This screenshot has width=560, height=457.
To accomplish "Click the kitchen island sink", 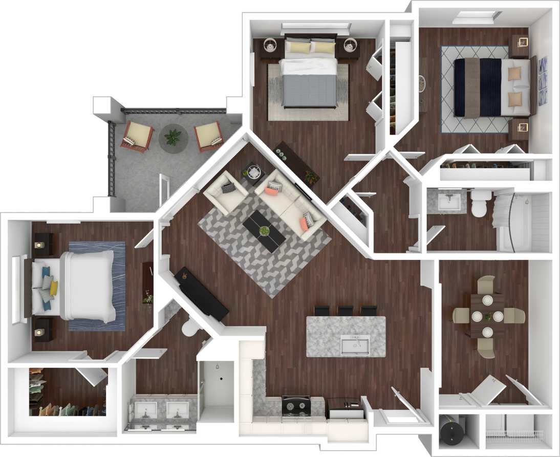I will (356, 345).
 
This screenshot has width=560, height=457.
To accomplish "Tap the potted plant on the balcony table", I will (173, 137).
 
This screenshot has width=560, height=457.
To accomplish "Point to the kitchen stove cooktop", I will (296, 407).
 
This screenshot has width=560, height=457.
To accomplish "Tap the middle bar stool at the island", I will (346, 311).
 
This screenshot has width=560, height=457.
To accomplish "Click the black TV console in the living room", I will (202, 294).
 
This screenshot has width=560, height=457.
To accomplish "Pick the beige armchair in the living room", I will (224, 191).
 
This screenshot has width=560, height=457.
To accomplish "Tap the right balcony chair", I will (209, 136).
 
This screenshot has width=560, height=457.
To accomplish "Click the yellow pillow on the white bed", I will (53, 288).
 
